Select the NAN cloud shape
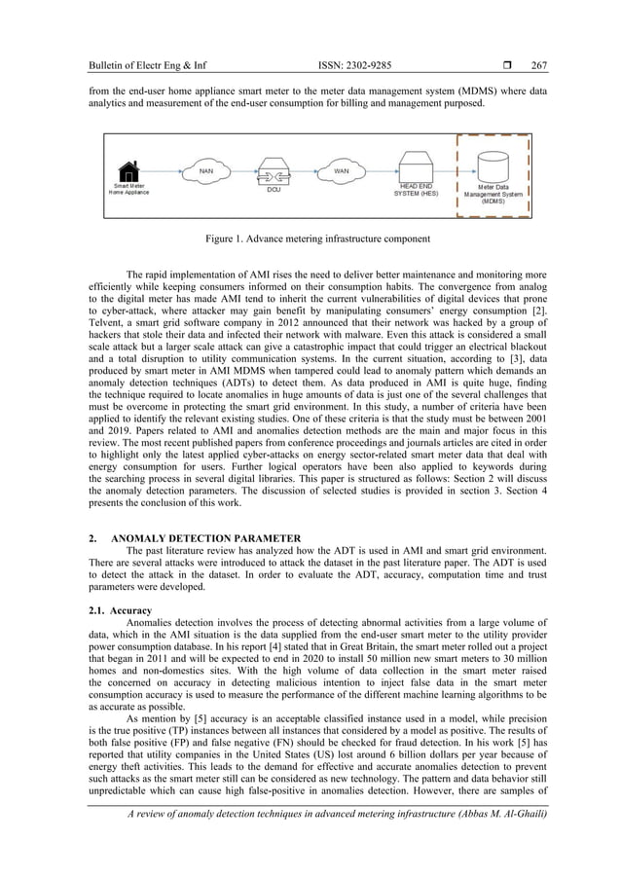[x=206, y=171]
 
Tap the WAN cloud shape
[x=342, y=171]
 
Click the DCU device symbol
[x=275, y=171]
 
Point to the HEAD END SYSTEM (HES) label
[x=417, y=190]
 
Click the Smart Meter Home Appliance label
[x=129, y=189]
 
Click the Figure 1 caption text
[x=310, y=238]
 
